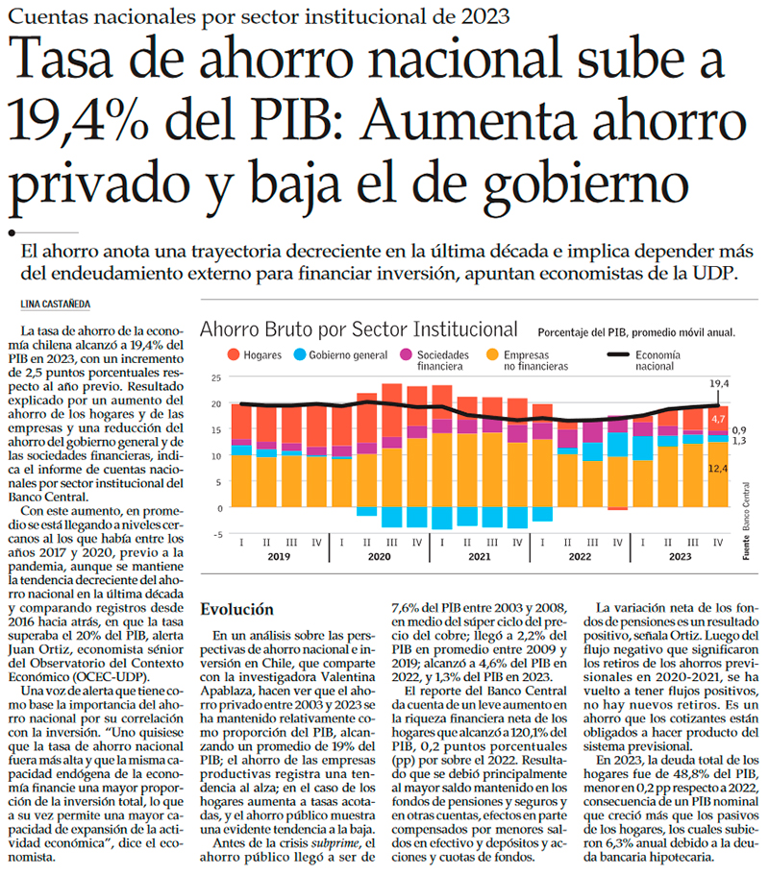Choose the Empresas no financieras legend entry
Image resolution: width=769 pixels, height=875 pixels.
coord(528,359)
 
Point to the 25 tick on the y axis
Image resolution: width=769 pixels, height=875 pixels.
coord(216,380)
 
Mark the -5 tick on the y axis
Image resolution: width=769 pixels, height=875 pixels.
coord(216,534)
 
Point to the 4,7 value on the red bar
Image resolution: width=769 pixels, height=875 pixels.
coord(719,420)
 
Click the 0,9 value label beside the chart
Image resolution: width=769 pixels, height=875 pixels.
coord(738,430)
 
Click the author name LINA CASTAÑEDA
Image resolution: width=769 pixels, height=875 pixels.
coord(58,304)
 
